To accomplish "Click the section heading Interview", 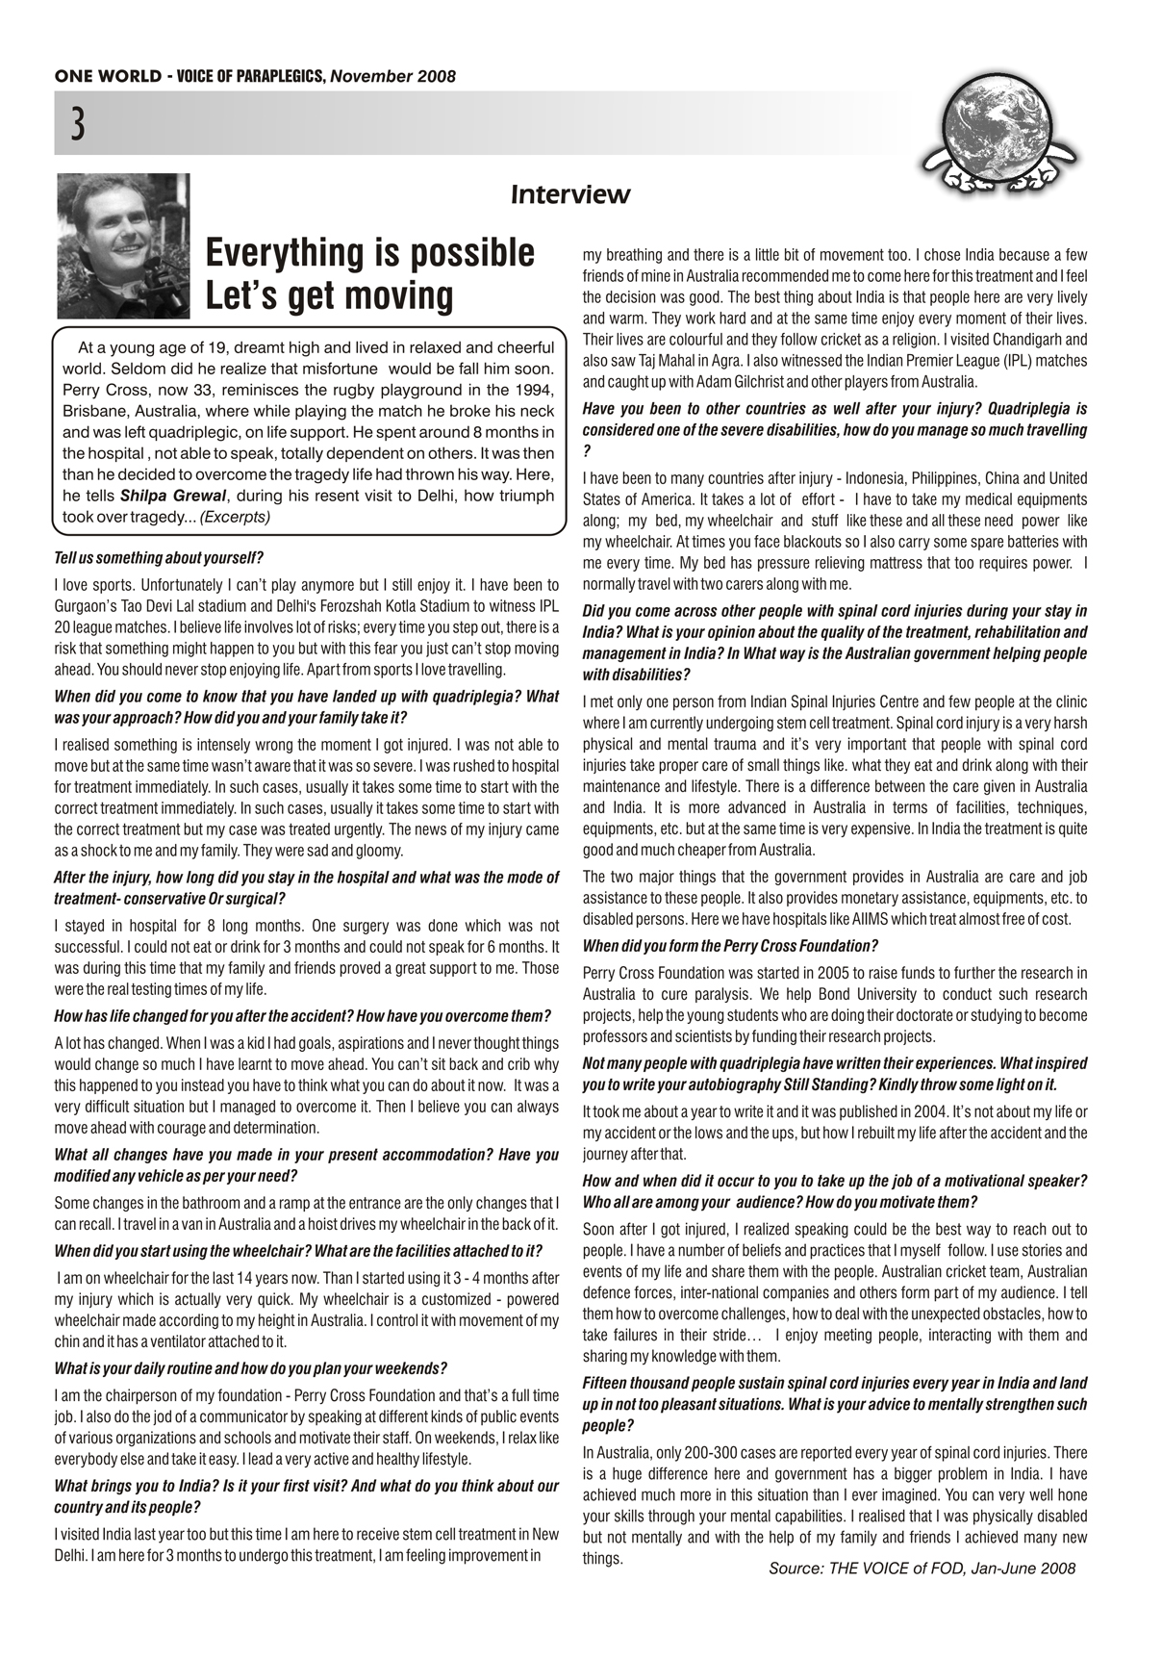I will (570, 195).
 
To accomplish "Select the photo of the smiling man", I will (123, 246).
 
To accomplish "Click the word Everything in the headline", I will (289, 253).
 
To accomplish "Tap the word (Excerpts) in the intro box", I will (235, 517).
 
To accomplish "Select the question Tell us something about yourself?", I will (159, 557).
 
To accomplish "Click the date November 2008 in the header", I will (393, 76).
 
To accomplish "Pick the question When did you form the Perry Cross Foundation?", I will (730, 945).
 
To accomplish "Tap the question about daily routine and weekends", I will (250, 1367).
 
